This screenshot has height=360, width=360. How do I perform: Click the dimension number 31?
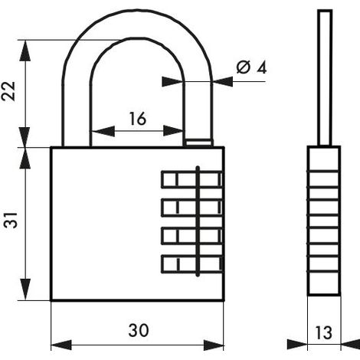11,220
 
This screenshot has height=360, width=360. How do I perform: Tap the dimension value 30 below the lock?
139,330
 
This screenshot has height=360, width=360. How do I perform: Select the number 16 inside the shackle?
138,119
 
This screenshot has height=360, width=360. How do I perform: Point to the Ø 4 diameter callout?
252,67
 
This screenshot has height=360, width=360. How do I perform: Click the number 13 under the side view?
324,332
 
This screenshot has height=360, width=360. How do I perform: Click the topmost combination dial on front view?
192,179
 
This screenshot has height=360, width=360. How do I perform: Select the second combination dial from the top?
192,208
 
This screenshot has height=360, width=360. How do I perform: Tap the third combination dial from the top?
192,235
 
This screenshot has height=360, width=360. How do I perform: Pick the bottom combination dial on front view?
192,263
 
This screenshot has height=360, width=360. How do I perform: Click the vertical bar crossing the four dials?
198,221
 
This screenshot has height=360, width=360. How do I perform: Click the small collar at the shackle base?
199,142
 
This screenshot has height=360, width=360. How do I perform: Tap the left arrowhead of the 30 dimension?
61,345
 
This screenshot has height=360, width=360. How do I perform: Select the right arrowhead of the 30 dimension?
214,345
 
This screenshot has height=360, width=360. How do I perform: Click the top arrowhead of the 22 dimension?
25,51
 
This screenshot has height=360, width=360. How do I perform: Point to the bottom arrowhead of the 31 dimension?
25,290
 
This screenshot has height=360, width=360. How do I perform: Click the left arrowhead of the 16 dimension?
103,131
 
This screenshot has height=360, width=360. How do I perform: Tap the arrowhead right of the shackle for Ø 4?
223,81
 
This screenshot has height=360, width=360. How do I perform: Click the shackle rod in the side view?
325,78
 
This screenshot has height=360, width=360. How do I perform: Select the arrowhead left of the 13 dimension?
297,344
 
